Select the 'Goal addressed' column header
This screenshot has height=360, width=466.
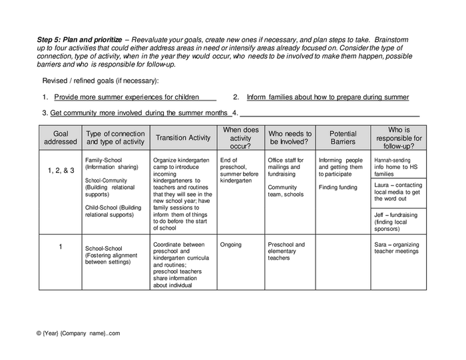pos(60,138)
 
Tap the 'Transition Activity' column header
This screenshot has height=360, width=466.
pos(182,138)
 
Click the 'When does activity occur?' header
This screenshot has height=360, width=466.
pos(240,138)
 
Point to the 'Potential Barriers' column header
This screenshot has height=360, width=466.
pos(342,138)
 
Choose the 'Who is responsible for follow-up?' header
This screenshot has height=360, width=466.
pos(399,138)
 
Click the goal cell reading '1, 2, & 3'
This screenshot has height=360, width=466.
pos(60,170)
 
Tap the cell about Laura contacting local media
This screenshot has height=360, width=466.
pos(398,192)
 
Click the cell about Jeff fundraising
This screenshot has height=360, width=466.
pos(398,221)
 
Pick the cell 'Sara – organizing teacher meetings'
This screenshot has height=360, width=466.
pos(398,248)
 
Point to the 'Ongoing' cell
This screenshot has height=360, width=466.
pos(231,245)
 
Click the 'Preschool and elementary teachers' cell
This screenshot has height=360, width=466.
pos(286,252)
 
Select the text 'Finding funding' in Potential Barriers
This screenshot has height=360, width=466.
pos(338,188)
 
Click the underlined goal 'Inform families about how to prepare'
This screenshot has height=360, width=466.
pos(328,97)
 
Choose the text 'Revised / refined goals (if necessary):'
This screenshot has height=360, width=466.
pos(101,81)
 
